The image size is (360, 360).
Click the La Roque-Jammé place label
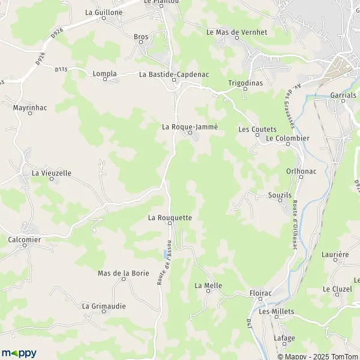click(190, 127)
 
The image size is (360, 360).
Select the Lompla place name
click(104, 74)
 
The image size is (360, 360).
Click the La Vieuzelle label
click(52, 173)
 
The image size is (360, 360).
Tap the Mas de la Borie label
click(123, 273)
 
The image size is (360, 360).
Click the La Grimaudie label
click(104, 305)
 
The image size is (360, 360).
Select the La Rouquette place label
click(170, 217)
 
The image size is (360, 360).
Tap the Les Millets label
click(273, 311)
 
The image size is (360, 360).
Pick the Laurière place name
click(335, 254)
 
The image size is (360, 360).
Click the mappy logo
click(19, 353)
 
